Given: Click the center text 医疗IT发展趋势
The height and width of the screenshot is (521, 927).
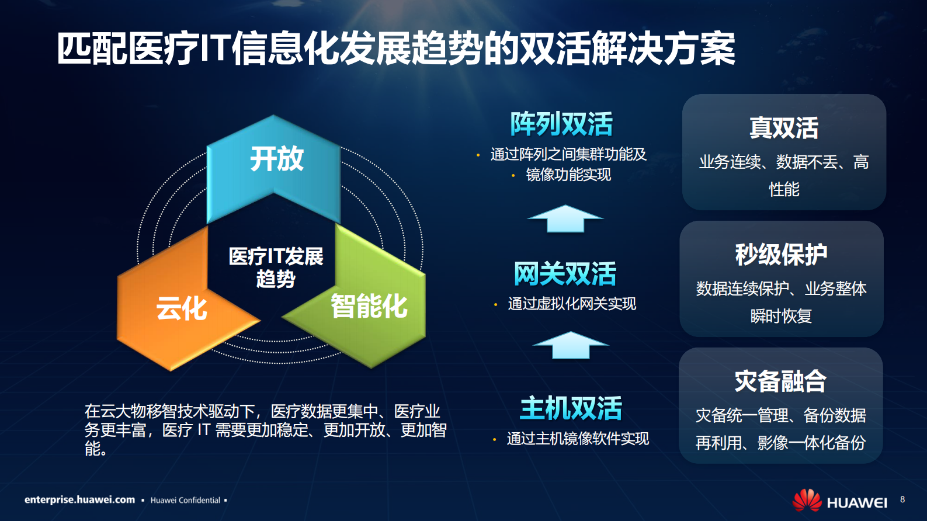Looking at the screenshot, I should click(276, 268).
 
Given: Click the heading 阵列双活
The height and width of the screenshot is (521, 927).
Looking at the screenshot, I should click(561, 124).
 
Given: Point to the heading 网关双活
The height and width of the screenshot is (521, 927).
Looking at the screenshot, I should click(565, 274).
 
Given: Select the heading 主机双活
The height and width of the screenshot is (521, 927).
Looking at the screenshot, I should click(571, 408).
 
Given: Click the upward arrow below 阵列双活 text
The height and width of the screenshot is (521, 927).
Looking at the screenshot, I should click(565, 219).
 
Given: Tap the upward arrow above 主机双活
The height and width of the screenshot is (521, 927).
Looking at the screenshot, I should click(570, 345).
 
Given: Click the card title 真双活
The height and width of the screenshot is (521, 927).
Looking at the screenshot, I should click(784, 128).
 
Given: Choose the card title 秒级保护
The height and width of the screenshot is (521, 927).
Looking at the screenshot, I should click(781, 255).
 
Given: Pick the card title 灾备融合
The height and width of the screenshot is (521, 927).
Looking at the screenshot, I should click(780, 381).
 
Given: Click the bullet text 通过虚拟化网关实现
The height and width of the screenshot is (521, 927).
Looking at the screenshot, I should click(572, 304).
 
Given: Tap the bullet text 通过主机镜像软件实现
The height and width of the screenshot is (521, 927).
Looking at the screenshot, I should click(578, 439).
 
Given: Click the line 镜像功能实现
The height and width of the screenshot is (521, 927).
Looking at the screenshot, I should click(568, 175).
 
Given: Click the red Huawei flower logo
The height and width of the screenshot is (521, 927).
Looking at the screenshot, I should click(807, 501).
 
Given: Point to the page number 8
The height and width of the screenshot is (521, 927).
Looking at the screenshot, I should click(902, 499).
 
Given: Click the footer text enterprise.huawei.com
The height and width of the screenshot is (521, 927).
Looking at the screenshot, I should click(79, 500).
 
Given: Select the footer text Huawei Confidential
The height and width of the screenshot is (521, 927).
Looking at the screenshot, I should click(185, 501).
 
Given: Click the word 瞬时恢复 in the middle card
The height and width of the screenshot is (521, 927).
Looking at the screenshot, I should click(781, 316).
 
